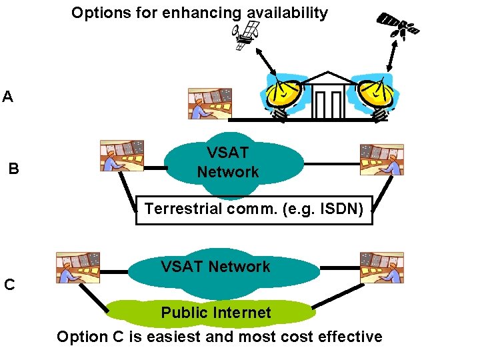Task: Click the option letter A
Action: coord(7,97)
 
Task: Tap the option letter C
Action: coord(9,285)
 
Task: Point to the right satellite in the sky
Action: coord(399,25)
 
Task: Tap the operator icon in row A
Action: coord(210,103)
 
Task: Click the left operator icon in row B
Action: coord(122,156)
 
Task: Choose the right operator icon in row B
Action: coord(381,159)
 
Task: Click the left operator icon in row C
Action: coord(78,267)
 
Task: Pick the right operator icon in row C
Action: coord(381,267)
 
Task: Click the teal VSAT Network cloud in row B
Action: coord(227,163)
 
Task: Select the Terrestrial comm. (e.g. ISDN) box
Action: coord(254,210)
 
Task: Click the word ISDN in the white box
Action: coord(342,209)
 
